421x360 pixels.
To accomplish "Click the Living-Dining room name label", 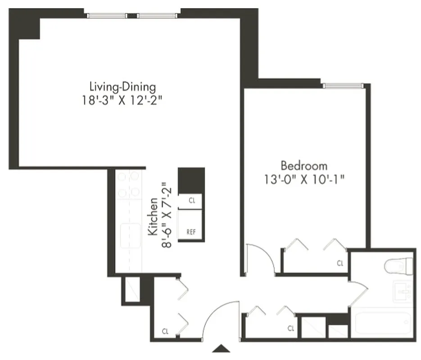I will pos(122,86).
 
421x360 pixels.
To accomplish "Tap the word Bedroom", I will pos(304,165).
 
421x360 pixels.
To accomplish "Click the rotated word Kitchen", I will pos(153,216).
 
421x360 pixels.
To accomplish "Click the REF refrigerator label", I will pos(191,232).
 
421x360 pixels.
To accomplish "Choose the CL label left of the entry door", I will pos(166,332).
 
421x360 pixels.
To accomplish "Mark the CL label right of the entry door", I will pos(291,328).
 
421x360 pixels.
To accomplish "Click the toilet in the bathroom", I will pos(399,266).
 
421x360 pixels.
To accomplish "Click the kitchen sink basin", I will pos(130,233).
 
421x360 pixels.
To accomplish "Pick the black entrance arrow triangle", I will pos(222,348).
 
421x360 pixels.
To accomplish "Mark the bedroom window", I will pos(343,85).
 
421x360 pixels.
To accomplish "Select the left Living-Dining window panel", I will pos(107,16).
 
